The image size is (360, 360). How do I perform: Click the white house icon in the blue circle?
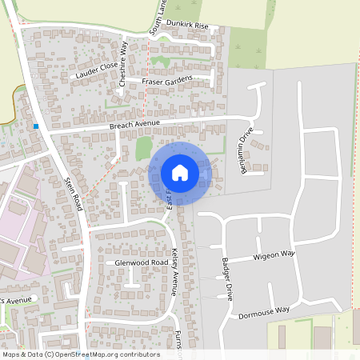[x=179, y=173]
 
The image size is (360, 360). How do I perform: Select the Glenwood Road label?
[x=140, y=262]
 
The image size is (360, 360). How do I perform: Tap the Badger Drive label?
[x=228, y=279]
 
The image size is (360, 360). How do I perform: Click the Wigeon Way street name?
[x=274, y=255]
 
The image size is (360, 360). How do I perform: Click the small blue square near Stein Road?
[x=36, y=126]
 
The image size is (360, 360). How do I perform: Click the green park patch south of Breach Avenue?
[x=143, y=148]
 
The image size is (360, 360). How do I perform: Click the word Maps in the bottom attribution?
[x=12, y=354]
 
